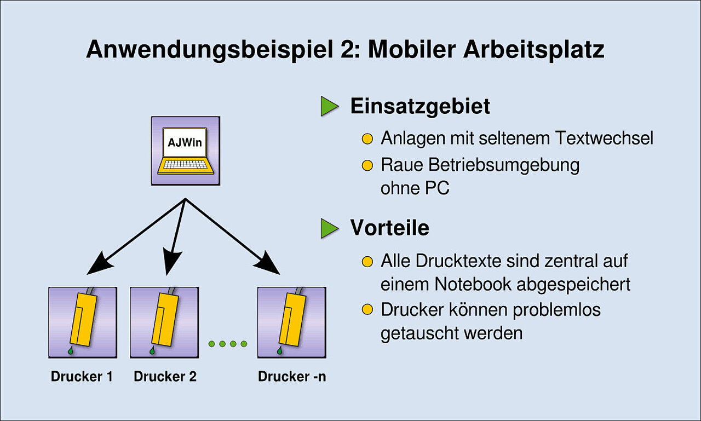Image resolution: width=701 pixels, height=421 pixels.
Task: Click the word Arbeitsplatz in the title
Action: click(534, 49)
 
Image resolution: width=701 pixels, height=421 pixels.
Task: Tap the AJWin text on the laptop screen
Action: click(185, 143)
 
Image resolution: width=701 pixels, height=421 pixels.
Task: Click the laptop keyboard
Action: click(185, 165)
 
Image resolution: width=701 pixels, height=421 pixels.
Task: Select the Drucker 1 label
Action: click(82, 376)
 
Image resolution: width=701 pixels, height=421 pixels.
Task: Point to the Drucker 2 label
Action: click(165, 376)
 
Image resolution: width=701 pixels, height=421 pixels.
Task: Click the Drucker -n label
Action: click(292, 376)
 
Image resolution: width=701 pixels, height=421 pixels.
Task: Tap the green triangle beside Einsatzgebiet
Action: click(329, 106)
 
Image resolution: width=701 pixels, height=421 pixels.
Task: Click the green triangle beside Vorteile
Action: click(329, 228)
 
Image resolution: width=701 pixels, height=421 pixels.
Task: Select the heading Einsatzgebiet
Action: click(420, 107)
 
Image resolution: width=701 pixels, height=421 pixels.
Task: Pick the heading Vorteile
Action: click(389, 228)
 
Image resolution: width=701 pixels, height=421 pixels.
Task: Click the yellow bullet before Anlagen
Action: click(367, 139)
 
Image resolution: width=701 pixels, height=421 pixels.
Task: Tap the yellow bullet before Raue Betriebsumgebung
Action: click(367, 165)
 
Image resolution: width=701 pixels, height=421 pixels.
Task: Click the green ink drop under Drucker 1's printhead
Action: click(71, 350)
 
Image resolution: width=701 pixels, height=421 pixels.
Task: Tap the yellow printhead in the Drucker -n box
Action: click(292, 319)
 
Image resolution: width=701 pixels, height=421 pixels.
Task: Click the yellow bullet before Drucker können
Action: click(367, 310)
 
